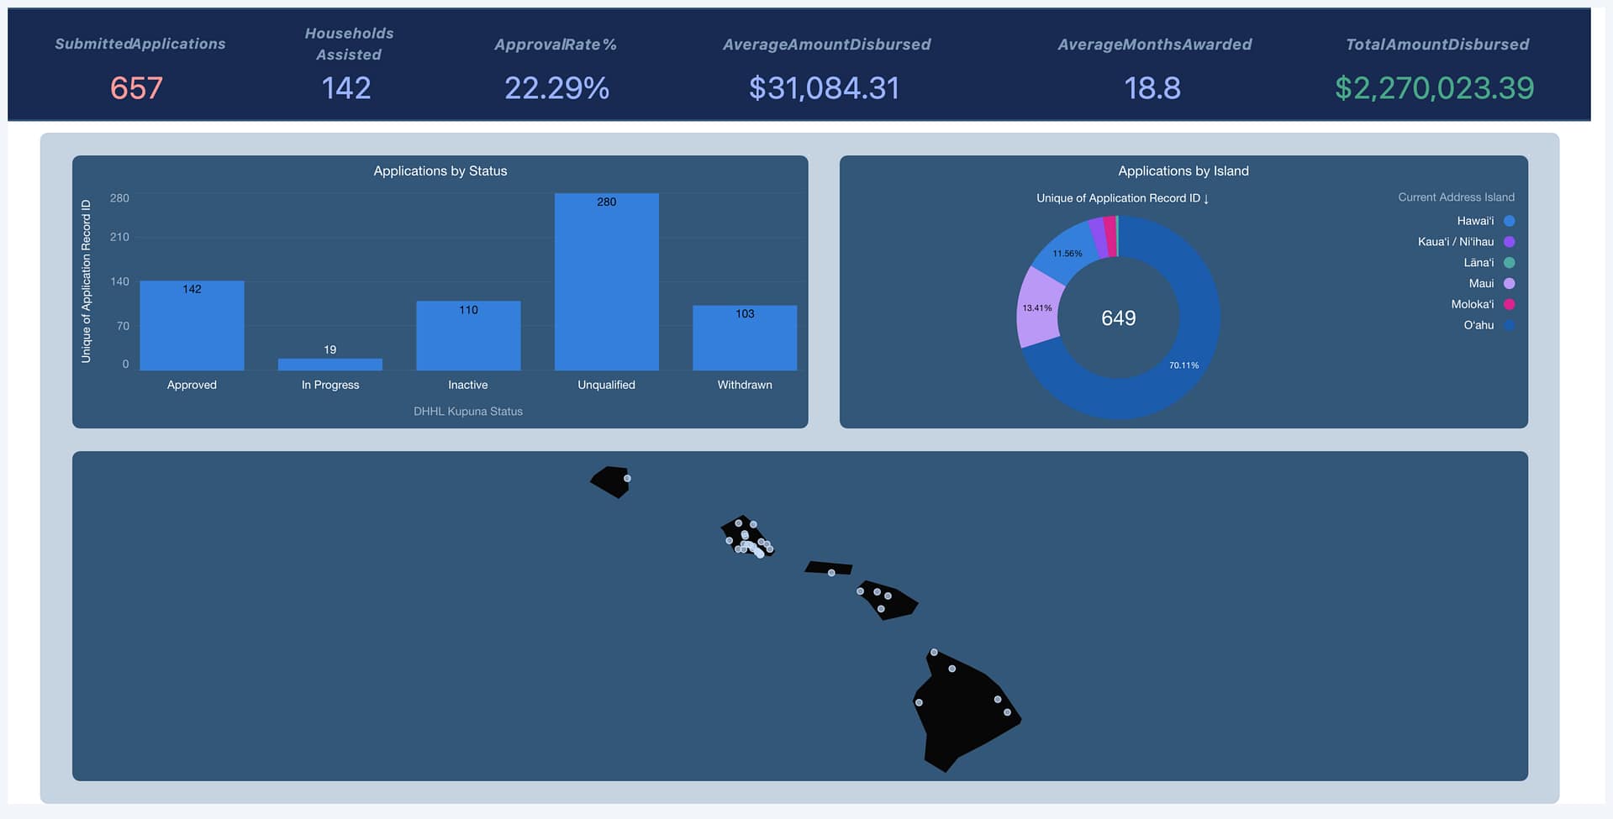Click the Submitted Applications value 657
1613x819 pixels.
(136, 88)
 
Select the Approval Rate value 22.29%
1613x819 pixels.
(556, 88)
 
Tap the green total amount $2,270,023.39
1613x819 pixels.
(1434, 88)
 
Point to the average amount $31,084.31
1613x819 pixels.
(824, 88)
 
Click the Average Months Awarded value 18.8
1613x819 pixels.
(1152, 88)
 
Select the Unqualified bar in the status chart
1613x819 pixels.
(606, 282)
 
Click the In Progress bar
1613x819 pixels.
(330, 365)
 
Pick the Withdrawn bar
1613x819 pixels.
(745, 338)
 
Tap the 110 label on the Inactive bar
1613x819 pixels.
(468, 310)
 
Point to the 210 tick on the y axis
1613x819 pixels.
(119, 237)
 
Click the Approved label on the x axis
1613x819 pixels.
(192, 385)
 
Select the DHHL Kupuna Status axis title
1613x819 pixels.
(468, 412)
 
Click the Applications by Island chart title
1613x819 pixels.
(1183, 171)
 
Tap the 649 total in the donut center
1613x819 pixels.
(1118, 318)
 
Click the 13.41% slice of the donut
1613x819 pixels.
(1036, 308)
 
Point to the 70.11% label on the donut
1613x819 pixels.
(1183, 365)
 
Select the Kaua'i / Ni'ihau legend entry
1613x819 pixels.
(1466, 242)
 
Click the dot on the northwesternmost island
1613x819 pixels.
(627, 479)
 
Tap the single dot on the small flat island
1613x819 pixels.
(831, 573)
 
